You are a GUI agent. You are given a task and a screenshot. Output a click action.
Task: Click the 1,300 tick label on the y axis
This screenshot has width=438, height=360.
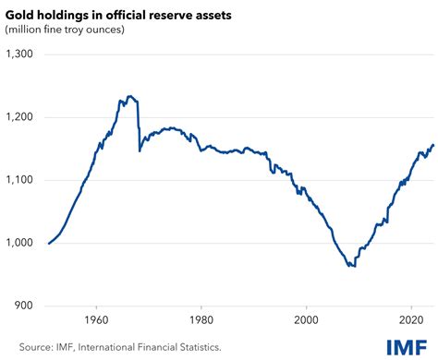(x=19, y=54)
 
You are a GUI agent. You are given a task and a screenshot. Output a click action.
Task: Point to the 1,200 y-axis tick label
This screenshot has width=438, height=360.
(x=19, y=117)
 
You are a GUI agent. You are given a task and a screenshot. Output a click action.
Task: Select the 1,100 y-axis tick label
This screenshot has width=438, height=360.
(x=19, y=180)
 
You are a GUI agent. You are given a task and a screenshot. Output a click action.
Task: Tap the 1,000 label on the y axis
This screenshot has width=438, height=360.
(x=19, y=243)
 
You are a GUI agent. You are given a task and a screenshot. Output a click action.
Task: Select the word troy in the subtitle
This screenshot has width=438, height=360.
(x=75, y=30)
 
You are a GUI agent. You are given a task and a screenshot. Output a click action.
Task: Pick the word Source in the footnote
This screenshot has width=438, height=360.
(x=22, y=347)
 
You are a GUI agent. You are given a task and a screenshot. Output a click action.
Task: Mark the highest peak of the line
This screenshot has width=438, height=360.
(x=130, y=96)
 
